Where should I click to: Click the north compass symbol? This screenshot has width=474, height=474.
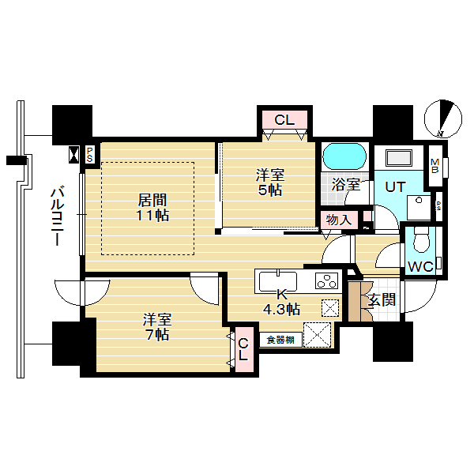coord(443,118)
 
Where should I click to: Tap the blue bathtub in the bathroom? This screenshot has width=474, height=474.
coord(344,156)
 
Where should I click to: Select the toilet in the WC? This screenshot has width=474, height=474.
coord(421,239)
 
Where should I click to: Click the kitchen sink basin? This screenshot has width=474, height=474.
coord(278,282)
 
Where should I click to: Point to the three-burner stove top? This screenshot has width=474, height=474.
coord(326,280)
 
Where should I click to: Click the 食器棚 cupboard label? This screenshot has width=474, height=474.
coord(280,340)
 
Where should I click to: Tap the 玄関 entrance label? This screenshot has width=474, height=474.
coord(382,300)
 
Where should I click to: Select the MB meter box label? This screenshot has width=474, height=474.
coord(434,166)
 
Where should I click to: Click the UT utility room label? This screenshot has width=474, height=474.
coord(395,187)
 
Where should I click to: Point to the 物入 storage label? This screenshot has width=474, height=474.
coord(339,220)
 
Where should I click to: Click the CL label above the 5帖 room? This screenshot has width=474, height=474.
coord(284,120)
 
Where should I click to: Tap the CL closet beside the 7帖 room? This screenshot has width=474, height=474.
coord(243,349)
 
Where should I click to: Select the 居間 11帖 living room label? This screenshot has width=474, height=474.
coord(152,208)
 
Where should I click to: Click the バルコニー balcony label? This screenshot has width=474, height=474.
coord(57,216)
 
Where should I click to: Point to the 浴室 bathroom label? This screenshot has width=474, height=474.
coord(346,184)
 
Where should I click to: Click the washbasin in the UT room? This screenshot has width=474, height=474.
coord(399,158)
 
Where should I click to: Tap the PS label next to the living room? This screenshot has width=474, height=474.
coord(89,155)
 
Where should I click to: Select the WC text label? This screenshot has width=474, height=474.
coord(420,267)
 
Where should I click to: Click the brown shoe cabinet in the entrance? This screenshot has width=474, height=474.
coord(360,302)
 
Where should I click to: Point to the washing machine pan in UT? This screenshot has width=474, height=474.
coord(419,208)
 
